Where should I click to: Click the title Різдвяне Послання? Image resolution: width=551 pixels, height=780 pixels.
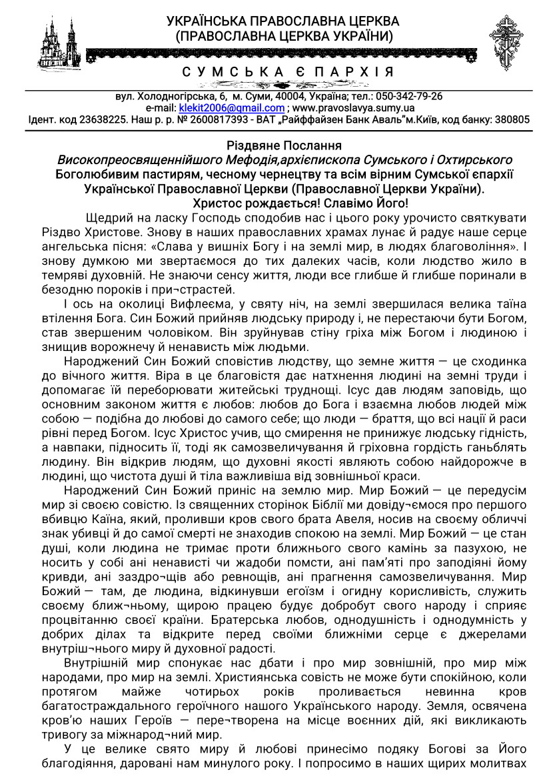[275, 145]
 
